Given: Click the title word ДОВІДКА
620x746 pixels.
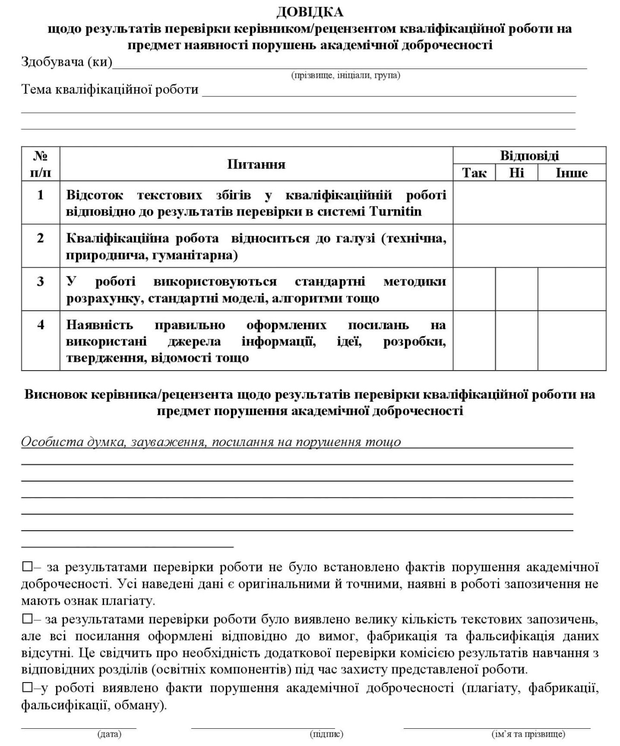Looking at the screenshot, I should coord(310,12).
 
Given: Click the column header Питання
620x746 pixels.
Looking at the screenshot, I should coord(256,164).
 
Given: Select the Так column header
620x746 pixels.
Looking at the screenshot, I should coord(474,173).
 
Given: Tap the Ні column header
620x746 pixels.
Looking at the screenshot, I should coord(516,173).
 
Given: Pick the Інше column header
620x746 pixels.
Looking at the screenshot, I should coord(571,173).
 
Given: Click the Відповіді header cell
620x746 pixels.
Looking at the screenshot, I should coord(529,155).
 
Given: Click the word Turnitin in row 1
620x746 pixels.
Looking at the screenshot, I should coord(396,212).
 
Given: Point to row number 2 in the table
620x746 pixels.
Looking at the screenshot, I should coord(41,238).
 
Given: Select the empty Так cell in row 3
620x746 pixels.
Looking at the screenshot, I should coord(474,289).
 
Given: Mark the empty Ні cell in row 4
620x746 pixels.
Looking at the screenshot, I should coord(516,340).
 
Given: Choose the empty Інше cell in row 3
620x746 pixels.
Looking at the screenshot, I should coord(571,289).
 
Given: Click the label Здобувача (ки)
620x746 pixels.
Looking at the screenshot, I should coord(67,62).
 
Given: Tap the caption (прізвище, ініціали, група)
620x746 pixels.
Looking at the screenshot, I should coord(346,75).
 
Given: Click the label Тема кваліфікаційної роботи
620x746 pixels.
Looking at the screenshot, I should coord(110,90).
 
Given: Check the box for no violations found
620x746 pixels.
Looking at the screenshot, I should coord(27,567).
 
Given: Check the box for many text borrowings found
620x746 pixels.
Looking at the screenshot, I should coord(27,620).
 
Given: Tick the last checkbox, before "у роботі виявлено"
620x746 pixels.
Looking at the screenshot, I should coord(27,688).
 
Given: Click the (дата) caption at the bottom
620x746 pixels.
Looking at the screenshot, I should coord(109,734).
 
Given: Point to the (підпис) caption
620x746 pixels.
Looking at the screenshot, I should coord(327,734).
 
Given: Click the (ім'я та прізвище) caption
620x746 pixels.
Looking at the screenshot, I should coord(528,734).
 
